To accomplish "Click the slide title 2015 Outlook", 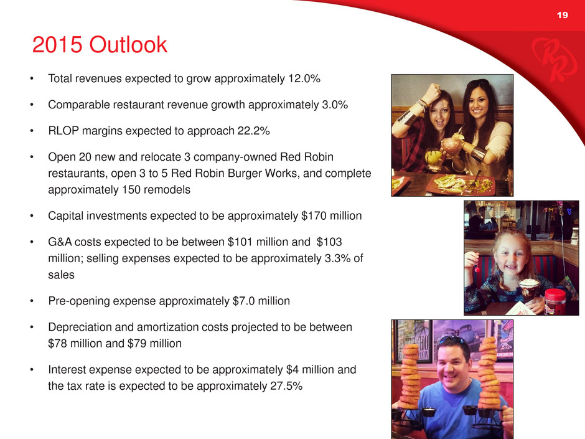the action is pyautogui.click(x=100, y=45).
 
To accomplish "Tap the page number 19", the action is pyautogui.click(x=562, y=15).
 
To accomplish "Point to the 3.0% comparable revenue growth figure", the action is pyautogui.click(x=335, y=105).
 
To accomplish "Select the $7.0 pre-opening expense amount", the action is pyautogui.click(x=243, y=301).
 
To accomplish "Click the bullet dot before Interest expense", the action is pyautogui.click(x=32, y=370).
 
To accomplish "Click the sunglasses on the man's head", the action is pyautogui.click(x=452, y=339).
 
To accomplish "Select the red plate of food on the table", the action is pyautogui.click(x=461, y=184).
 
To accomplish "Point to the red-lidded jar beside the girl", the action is pyautogui.click(x=555, y=300).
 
